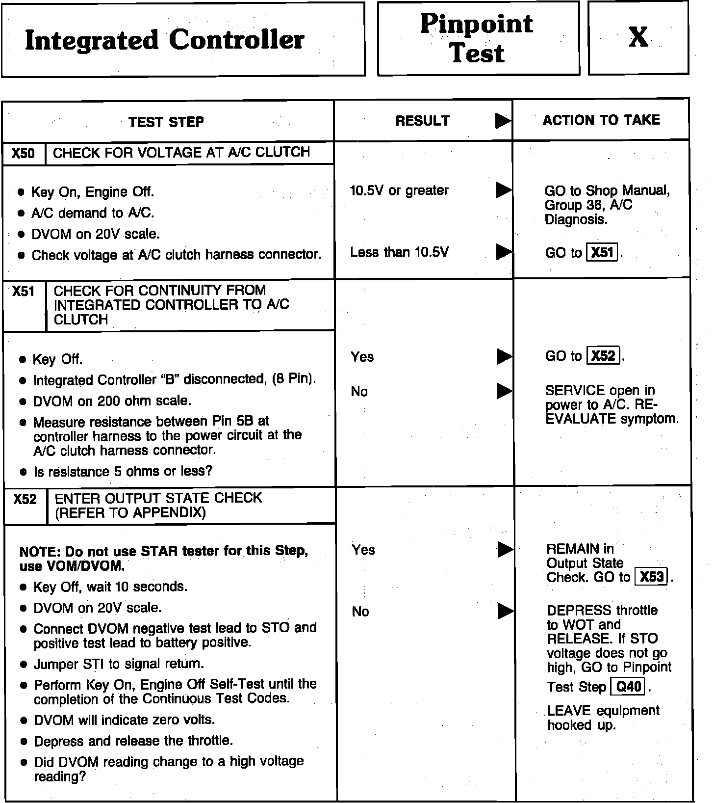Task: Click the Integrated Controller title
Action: [x=164, y=40]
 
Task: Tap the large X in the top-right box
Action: [x=638, y=37]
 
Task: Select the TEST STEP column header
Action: [x=166, y=122]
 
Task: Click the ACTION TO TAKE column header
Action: [x=601, y=120]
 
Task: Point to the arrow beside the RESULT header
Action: [x=503, y=121]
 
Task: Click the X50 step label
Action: [x=24, y=154]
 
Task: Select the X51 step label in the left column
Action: [x=24, y=292]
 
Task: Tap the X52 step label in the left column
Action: [x=25, y=500]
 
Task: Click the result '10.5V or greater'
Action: [x=399, y=190]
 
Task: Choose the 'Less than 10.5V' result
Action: [x=399, y=252]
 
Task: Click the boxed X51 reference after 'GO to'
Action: [x=602, y=252]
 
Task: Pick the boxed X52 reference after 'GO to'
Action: [x=603, y=355]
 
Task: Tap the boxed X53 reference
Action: [x=652, y=576]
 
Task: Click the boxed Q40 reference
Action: [x=628, y=686]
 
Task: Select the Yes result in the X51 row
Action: [x=362, y=357]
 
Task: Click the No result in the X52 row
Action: [x=360, y=611]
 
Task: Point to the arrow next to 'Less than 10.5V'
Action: [x=503, y=252]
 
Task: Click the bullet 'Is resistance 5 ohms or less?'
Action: [x=123, y=472]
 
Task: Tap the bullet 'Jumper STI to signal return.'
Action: [x=119, y=664]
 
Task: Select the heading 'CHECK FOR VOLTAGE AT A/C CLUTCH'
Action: [x=181, y=153]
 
